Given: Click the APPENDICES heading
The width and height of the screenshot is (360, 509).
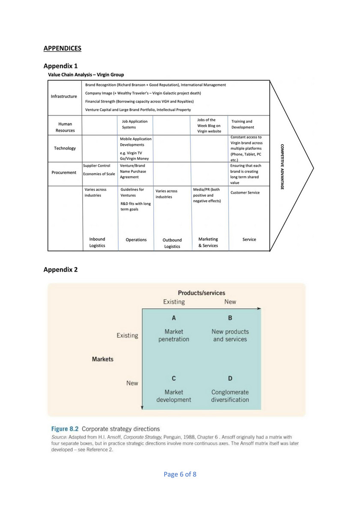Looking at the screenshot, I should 62,48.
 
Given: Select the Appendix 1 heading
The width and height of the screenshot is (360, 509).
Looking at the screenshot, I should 60,66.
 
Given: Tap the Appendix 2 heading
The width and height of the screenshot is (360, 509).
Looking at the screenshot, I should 60,269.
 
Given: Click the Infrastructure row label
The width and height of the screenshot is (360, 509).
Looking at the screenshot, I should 64,96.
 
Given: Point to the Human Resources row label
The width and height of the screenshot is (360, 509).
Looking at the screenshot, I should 65,127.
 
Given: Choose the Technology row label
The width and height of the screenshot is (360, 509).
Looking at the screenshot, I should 65,148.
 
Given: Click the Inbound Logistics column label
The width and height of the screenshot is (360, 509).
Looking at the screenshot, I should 97,242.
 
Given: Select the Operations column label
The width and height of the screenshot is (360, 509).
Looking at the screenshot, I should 136,240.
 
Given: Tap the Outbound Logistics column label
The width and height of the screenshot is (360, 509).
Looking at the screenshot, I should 172,243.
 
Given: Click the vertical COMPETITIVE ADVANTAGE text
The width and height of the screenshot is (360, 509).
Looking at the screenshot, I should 282,167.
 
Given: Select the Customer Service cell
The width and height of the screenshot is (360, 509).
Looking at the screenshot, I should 245,192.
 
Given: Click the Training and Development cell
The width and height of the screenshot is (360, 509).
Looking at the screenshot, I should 243,124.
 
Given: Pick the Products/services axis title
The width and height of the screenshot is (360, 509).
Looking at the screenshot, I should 201,293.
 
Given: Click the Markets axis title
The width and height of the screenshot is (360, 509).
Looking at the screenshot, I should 103,359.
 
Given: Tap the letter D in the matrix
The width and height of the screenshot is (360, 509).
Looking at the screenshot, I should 230,379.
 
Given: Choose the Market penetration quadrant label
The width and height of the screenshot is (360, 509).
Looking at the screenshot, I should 174,335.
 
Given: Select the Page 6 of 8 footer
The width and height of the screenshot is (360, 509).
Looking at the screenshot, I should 180,474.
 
